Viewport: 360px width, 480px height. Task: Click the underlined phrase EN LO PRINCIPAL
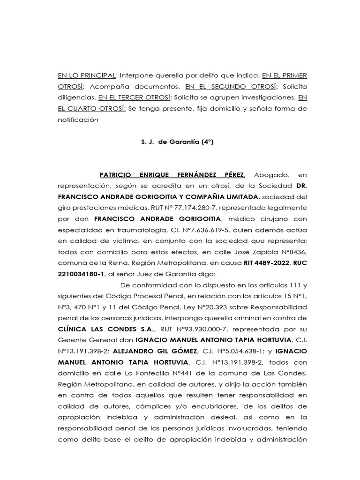coord(86,75)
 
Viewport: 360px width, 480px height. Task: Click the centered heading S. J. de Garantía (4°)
coord(177,142)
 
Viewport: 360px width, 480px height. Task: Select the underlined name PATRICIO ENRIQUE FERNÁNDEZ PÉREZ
coord(172,175)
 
